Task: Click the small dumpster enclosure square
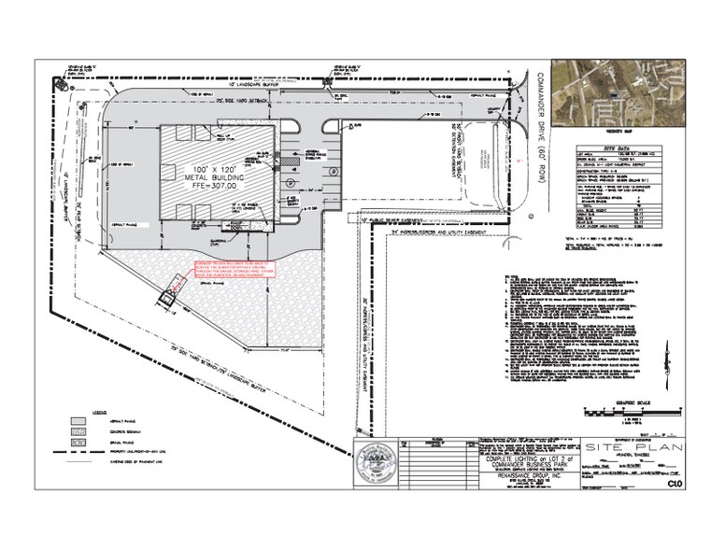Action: coord(166,299)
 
